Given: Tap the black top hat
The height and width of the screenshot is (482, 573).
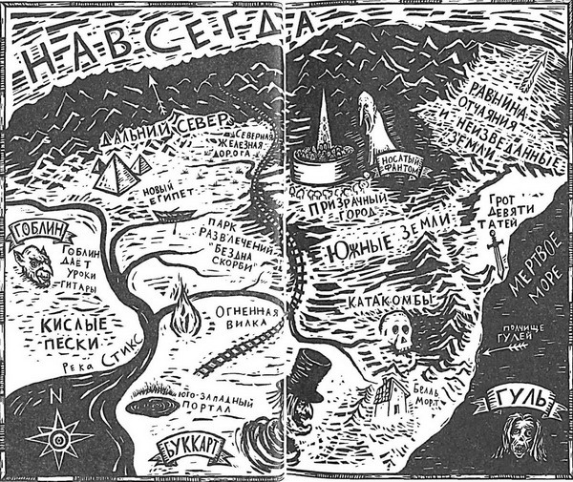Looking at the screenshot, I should [310, 373].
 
